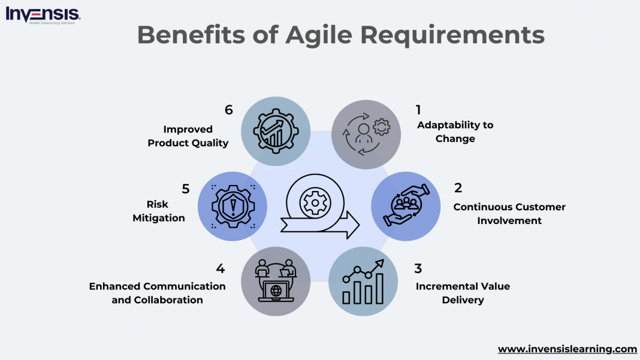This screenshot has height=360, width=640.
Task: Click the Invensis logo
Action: (x=43, y=14)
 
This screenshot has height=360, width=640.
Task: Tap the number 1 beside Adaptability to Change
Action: (x=418, y=110)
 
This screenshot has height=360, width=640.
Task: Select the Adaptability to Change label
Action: (x=455, y=132)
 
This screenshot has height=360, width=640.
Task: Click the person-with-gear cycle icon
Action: (x=366, y=135)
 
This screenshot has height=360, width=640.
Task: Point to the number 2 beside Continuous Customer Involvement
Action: (x=458, y=187)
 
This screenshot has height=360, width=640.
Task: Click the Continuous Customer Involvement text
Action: (x=509, y=214)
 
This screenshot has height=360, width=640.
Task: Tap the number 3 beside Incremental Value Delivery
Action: (x=418, y=268)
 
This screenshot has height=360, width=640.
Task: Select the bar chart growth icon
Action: (x=363, y=282)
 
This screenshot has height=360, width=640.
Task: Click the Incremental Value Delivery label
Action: (x=463, y=293)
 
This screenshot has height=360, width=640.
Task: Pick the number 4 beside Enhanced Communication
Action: (x=220, y=268)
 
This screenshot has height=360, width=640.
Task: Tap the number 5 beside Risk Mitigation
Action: (x=186, y=189)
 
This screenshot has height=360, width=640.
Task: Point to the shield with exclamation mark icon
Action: (x=233, y=206)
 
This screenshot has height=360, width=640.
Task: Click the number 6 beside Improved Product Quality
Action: (x=228, y=110)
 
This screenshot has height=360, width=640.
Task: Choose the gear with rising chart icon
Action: (x=275, y=131)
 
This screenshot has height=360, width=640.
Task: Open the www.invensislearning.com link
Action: (x=567, y=349)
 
